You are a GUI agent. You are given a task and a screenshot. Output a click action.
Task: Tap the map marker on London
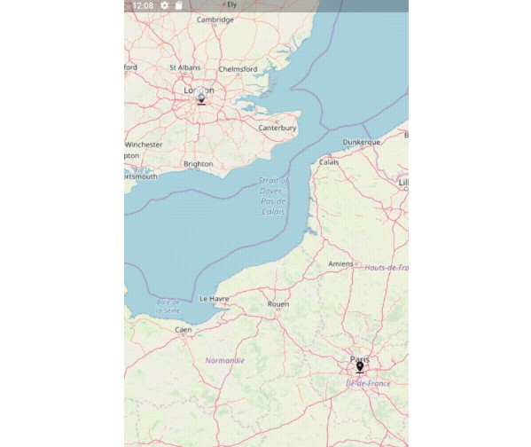201,96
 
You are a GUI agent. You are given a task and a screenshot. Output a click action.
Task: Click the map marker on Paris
360,366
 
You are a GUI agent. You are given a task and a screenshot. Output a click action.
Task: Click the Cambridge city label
215,20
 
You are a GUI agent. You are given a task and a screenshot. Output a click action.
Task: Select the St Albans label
185,67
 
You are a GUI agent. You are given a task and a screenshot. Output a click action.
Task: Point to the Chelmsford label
238,68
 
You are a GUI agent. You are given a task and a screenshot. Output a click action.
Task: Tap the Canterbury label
277,128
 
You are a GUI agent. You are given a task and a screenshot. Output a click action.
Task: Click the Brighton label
198,163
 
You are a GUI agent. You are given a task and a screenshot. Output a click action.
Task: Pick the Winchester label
144,144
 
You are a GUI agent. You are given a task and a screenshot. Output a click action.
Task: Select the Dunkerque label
361,142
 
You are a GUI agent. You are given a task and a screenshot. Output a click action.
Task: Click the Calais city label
329,162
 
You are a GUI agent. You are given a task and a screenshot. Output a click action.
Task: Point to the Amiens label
340,263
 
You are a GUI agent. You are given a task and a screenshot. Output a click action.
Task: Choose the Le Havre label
215,299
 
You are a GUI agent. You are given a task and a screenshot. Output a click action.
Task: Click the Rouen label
278,304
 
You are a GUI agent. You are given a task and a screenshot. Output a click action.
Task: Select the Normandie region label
224,360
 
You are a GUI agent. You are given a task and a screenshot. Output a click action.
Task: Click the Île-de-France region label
368,383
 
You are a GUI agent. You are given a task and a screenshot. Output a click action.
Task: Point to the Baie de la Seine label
169,307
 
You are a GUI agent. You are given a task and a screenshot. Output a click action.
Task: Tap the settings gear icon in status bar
165,5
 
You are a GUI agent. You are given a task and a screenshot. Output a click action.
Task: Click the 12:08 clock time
143,5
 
